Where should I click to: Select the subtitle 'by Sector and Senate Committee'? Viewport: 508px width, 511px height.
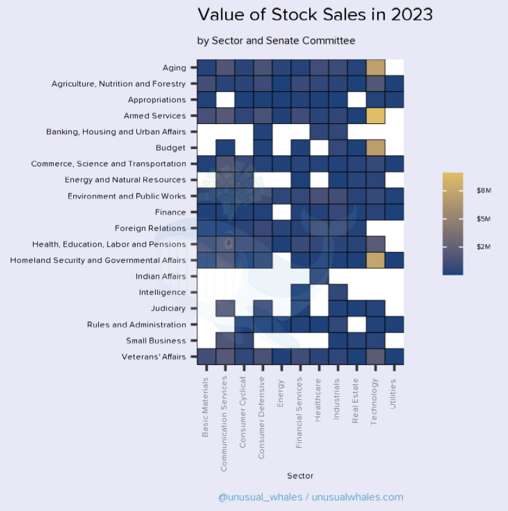coord(276,41)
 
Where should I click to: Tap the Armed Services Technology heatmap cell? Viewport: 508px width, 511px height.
coord(375,115)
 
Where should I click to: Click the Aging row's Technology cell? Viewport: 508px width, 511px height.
coord(375,67)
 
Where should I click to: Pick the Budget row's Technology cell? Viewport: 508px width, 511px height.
coord(375,148)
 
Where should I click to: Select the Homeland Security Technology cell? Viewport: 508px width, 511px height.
coord(375,260)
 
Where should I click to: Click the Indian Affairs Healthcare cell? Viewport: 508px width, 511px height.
coord(319,276)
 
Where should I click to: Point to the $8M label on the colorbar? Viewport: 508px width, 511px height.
coord(484,190)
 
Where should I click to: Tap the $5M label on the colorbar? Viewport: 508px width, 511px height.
coord(484,219)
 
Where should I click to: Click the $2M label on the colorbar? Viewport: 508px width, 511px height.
coord(484,247)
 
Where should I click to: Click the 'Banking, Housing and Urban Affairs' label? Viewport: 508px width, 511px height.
coord(116,132)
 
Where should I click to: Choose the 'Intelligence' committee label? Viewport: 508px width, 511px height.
coord(162,292)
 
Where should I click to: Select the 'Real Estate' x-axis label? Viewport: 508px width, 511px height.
coord(355,401)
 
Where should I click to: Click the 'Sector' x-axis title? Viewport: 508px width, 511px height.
coord(300,476)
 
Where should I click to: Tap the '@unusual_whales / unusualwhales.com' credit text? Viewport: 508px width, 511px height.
coord(310,497)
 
